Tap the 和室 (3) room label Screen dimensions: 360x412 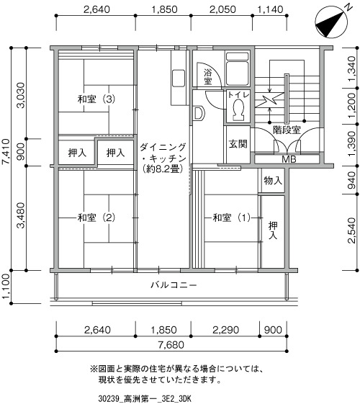coord(96,99)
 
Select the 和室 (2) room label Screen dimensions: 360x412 coord(96,218)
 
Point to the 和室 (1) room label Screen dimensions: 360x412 coord(232,218)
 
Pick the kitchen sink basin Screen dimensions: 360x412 coord(179,78)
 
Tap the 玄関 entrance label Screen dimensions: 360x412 coord(238,144)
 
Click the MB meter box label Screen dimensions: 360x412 coord(289,159)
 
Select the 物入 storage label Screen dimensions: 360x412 coord(273,181)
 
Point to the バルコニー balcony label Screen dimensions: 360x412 coord(174,285)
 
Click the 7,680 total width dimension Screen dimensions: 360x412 coord(171,345)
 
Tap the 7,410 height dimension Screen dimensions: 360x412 coord(6,151)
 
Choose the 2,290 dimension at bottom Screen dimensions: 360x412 coord(225,330)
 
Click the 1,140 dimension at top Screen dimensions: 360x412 coord(270,9)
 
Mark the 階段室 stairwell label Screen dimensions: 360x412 coord(287,130)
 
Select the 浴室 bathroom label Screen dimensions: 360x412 coord(207,77)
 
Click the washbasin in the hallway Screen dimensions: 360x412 coord(198,114)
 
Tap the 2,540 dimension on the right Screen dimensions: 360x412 coord(352,230)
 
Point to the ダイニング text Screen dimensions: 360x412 coord(163,147)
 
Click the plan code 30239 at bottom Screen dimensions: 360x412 coord(108,399)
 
